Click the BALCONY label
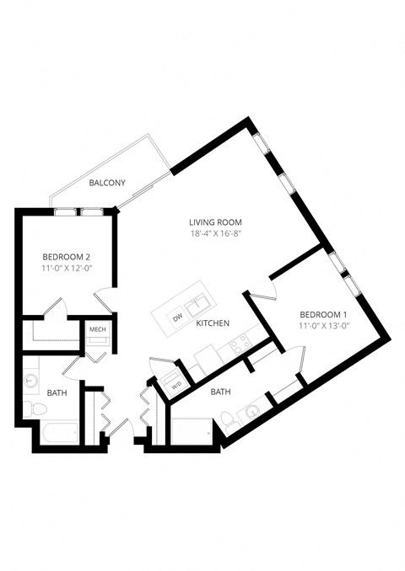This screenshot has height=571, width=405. pos(107,183)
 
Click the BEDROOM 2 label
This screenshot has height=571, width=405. pos(67,256)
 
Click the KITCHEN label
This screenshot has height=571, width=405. pos(213,323)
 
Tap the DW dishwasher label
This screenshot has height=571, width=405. pos(177,318)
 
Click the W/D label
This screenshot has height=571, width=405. pos(176,386)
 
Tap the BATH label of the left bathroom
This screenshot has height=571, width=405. pos(57,392)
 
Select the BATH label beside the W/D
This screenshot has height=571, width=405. pos(220,392)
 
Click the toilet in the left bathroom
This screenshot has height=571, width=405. pos(35,408)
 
